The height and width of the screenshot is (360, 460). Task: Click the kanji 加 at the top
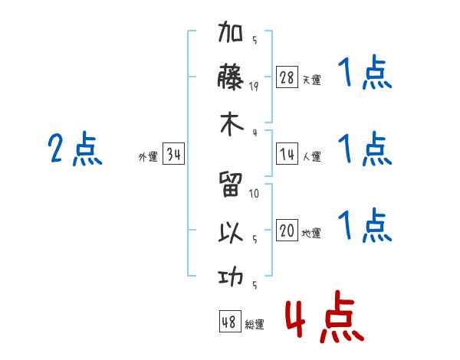point(230,31)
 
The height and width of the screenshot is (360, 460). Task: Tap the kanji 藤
point(230,77)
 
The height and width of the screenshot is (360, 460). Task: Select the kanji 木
point(232,124)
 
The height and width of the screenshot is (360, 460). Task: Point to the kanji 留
point(231,184)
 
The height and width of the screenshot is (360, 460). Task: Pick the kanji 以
point(231,233)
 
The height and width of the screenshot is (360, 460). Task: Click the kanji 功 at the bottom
point(231,277)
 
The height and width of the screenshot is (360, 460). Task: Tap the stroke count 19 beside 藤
point(254,87)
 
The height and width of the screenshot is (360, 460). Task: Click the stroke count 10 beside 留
point(254,194)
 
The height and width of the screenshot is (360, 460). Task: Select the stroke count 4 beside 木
point(255,133)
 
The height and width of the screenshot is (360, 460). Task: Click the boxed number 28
point(287,77)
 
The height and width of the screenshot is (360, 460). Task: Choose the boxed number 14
point(287,154)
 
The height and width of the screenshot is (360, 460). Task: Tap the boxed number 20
point(287,230)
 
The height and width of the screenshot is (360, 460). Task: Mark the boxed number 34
point(174,153)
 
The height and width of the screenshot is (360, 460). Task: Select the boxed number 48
point(230,321)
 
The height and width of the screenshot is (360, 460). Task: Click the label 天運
point(311,80)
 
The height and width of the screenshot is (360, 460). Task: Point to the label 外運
point(148,156)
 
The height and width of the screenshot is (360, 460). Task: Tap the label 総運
point(255,324)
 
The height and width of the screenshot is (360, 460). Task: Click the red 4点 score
point(325,316)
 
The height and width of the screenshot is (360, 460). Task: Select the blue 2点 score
point(75,149)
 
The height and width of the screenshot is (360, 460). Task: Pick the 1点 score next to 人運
point(365,149)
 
